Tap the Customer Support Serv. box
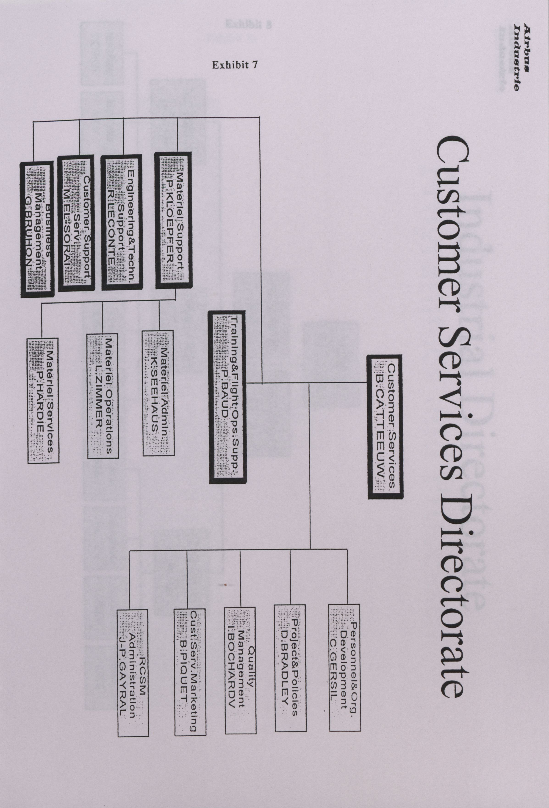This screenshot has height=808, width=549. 76,223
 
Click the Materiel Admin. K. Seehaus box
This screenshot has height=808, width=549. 158,393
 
